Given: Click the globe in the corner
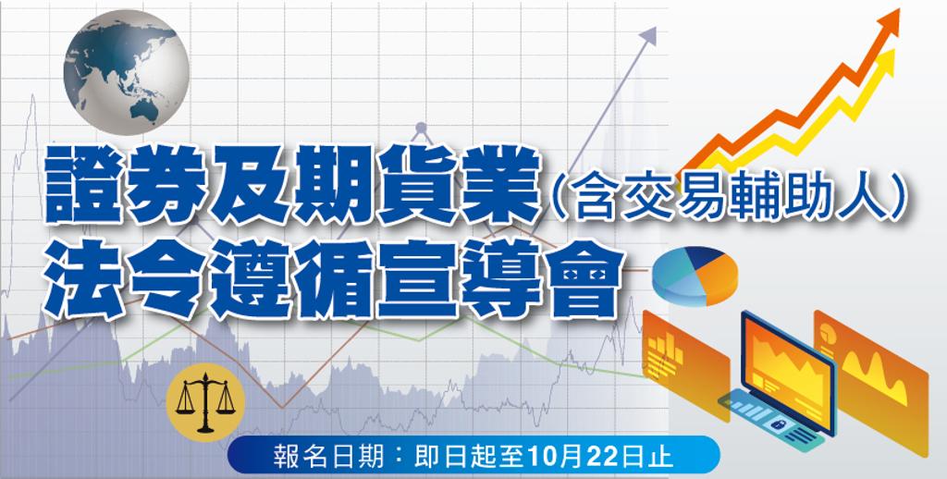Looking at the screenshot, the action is [x=126, y=72].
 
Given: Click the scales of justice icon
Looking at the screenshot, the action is [x=205, y=402].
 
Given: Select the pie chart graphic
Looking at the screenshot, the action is [x=695, y=276].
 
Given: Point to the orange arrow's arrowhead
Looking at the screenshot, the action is [x=887, y=23].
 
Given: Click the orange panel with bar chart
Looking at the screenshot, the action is [x=685, y=363].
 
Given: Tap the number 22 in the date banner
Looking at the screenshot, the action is [x=589, y=457].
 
